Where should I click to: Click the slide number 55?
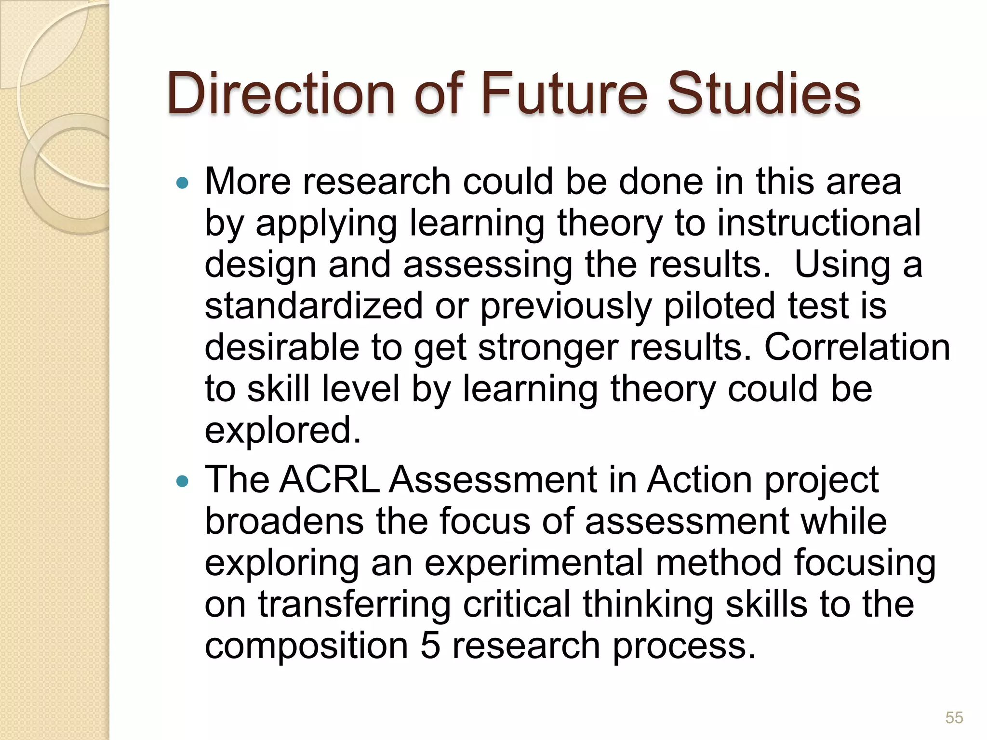tap(954, 717)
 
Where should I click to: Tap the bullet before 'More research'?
tap(182, 183)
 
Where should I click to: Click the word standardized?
tap(314, 306)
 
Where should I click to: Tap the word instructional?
tap(819, 224)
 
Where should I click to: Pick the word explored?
tap(283, 431)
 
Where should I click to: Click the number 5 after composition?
tap(430, 646)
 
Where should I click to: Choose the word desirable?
tap(282, 348)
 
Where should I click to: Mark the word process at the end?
tap(684, 647)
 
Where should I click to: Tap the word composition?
tap(307, 647)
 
